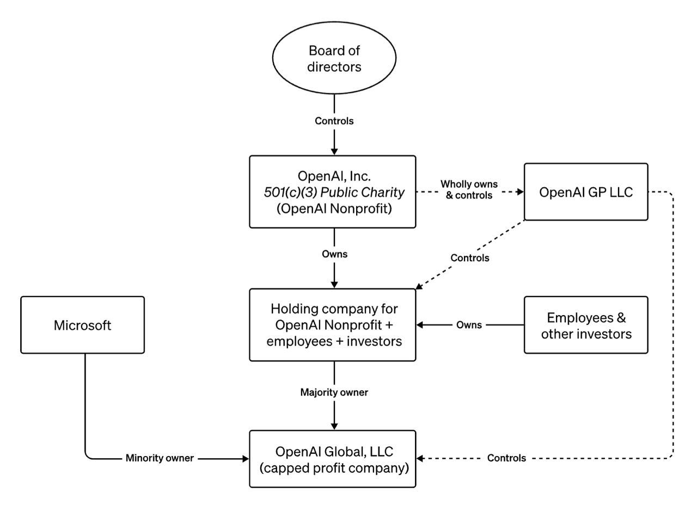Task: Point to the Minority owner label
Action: [x=160, y=458]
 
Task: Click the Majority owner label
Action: [x=334, y=392]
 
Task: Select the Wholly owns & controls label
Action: [x=469, y=190]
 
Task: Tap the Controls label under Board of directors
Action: [x=334, y=121]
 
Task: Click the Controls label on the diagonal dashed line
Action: [x=470, y=258]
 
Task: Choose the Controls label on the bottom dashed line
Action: [x=506, y=458]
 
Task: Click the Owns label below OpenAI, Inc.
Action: [x=334, y=254]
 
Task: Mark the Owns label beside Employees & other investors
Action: [x=469, y=325]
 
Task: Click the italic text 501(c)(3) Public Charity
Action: [x=334, y=192]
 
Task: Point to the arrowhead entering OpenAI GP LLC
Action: [x=521, y=192]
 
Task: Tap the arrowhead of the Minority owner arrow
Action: [x=246, y=459]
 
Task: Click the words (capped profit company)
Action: [x=334, y=468]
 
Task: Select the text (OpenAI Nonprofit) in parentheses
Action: [x=334, y=208]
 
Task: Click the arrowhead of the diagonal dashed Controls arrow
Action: [x=419, y=286]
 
